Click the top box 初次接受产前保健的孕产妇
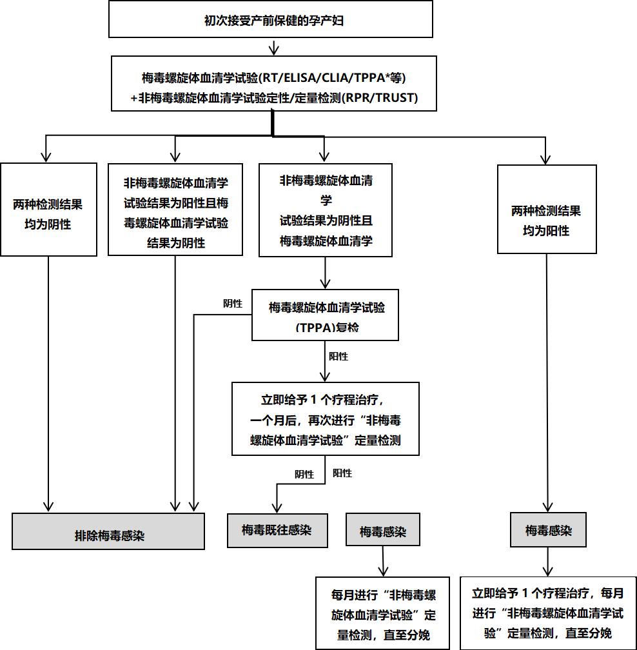270,20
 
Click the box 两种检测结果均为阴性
48,210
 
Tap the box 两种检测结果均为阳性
547,209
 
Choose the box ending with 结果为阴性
175,209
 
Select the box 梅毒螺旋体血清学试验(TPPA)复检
325,315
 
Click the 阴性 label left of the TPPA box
232,304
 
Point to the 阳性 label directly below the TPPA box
338,356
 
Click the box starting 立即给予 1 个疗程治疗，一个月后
325,419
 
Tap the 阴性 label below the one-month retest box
304,475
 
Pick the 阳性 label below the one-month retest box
342,473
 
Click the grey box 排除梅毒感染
108,531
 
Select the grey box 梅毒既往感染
277,530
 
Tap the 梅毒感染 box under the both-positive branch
548,531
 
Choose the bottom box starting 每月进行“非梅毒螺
383,613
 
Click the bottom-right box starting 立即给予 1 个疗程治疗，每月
547,613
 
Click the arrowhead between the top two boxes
274,50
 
